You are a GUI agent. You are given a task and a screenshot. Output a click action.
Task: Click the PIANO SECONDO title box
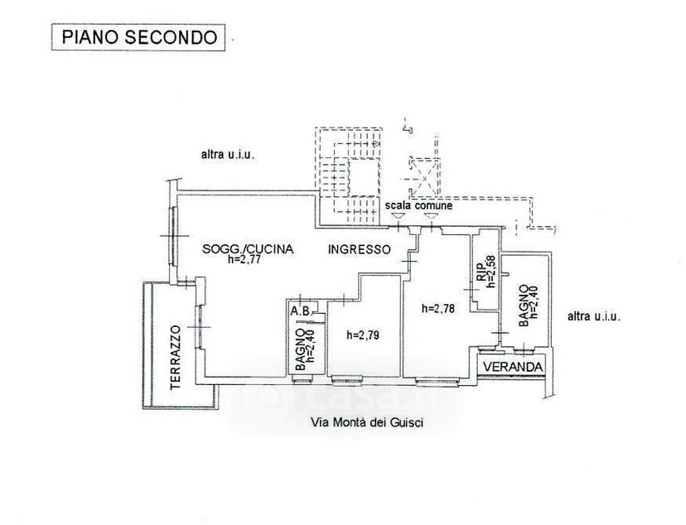point(138,37)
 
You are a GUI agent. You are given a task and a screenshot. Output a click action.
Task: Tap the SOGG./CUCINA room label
point(248,249)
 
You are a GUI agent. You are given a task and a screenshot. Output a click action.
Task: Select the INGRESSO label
point(360,249)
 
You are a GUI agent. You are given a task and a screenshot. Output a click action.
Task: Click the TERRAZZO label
point(176,357)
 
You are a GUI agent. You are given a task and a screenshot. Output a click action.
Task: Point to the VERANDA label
point(514,367)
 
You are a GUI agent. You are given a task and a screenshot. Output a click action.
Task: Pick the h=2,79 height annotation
point(363,335)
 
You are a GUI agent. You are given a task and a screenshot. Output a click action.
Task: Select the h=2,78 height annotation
point(438,309)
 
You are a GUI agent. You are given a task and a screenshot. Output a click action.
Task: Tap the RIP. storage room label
point(481,272)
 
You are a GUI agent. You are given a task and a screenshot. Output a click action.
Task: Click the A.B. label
point(301,311)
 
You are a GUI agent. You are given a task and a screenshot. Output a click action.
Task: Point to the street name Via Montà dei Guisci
point(367,422)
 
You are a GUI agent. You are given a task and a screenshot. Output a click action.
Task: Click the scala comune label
point(418,205)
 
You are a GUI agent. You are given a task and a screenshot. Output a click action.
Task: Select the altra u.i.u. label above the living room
point(228,154)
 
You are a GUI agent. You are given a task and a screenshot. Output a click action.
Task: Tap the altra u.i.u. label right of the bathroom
point(594,316)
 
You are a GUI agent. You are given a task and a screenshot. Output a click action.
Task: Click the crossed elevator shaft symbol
point(424,176)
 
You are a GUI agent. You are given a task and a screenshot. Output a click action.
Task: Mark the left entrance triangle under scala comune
point(398,215)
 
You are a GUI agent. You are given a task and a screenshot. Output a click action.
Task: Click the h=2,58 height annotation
point(491,272)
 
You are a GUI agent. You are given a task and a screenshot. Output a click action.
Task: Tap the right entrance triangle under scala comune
point(431,215)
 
